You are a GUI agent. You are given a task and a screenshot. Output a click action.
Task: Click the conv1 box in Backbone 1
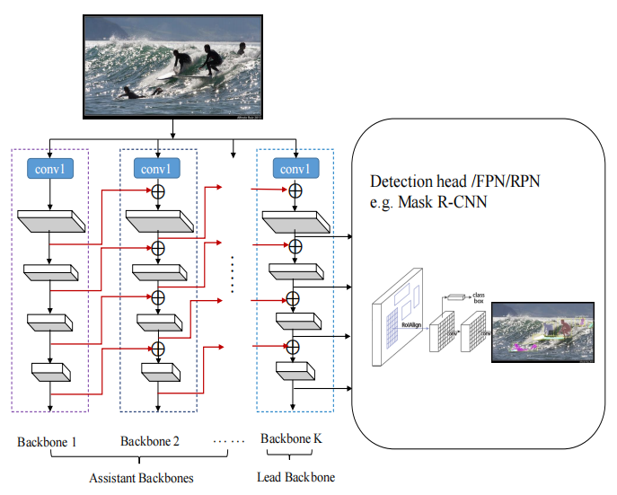click(49, 168)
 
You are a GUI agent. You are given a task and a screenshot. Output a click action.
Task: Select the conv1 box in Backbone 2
click(157, 168)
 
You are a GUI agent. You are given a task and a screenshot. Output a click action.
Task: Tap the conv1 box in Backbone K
click(295, 168)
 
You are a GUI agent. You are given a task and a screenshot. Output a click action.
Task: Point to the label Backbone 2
click(150, 441)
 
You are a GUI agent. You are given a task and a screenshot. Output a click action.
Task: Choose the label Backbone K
click(291, 439)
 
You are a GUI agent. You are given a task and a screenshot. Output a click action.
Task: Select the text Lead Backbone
click(296, 477)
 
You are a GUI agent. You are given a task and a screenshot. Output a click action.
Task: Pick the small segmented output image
click(542, 331)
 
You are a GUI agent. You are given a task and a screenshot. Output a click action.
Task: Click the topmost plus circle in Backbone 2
click(158, 191)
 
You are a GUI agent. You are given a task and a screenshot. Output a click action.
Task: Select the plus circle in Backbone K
click(295, 191)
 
